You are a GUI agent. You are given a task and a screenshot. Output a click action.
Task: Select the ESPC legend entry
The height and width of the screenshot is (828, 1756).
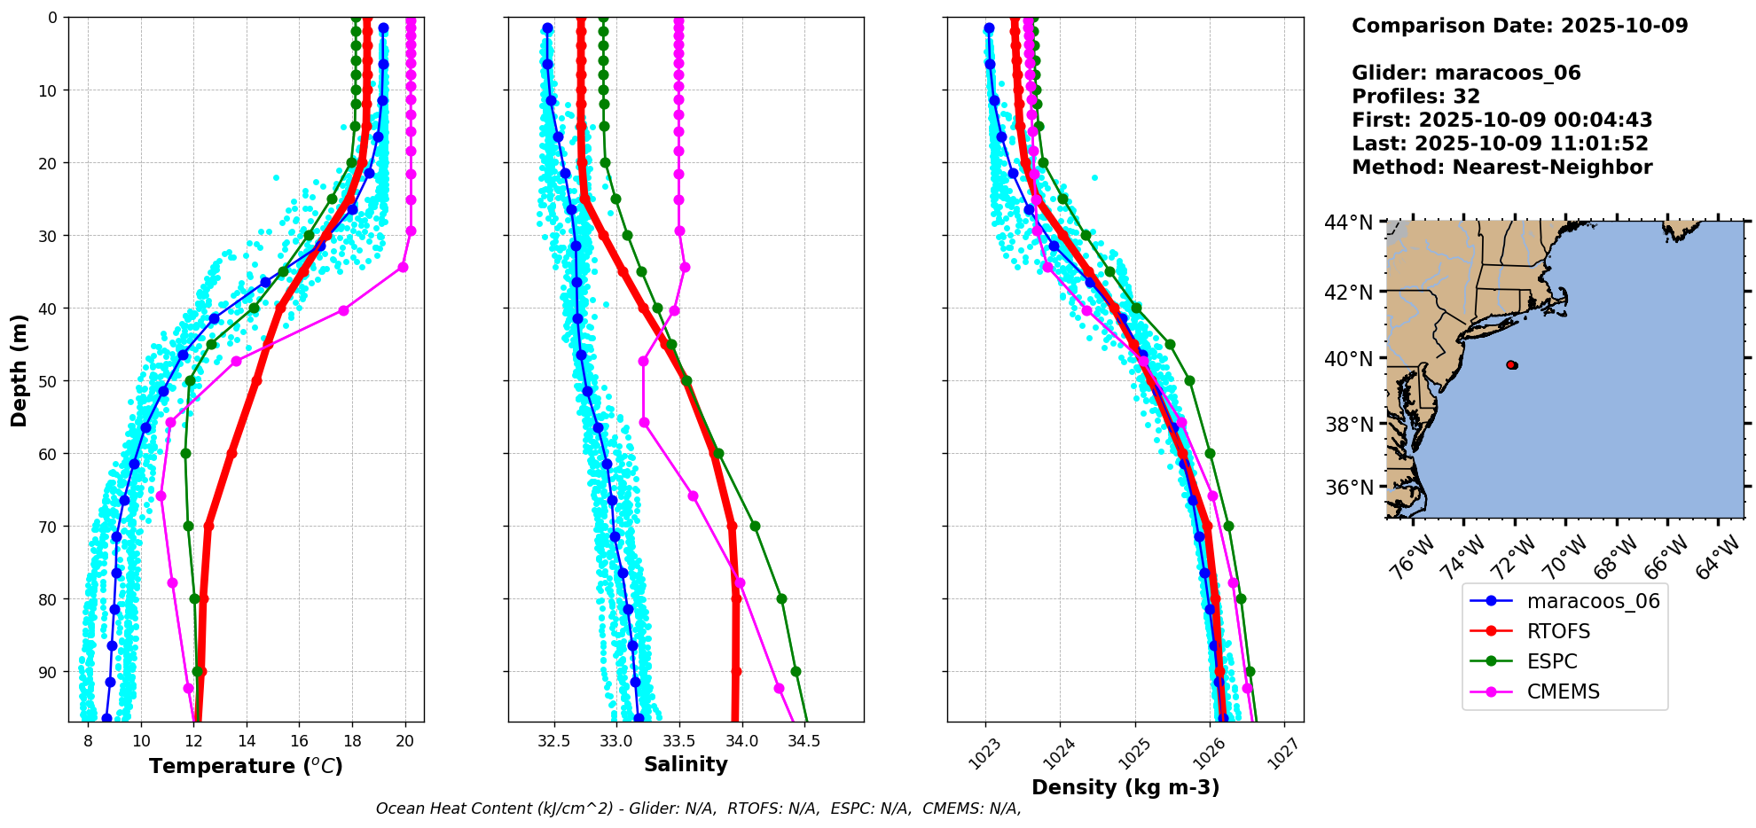pos(1551,661)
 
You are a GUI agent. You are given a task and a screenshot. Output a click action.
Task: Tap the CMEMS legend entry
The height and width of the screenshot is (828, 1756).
pos(1562,691)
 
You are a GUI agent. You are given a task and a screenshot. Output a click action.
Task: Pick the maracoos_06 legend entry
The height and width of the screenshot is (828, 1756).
pos(1592,601)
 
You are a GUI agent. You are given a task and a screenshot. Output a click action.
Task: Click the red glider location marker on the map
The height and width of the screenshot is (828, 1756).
pos(1511,364)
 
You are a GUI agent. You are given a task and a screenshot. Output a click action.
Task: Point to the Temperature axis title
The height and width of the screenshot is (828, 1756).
pos(246,766)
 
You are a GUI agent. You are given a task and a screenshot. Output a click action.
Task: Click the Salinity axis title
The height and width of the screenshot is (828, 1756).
pos(686,764)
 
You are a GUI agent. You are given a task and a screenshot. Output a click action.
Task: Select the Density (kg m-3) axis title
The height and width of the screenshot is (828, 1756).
pos(1125,787)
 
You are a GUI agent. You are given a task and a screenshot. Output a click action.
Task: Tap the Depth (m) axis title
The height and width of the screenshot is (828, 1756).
pos(19,370)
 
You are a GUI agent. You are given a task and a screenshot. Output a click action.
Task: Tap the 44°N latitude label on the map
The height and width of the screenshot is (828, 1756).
pos(1348,223)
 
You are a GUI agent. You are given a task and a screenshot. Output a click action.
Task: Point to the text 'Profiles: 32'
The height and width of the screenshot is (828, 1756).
pos(1415,97)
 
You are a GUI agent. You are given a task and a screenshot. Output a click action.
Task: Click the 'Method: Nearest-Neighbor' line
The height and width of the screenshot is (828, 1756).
pos(1501,168)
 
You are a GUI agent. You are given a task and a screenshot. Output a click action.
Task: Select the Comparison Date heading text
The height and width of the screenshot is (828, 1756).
pos(1519,26)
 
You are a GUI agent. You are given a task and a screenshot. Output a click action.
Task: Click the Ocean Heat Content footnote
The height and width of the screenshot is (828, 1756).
pos(698,808)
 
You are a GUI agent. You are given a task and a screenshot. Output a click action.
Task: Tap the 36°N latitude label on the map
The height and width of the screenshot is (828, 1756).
pos(1348,488)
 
